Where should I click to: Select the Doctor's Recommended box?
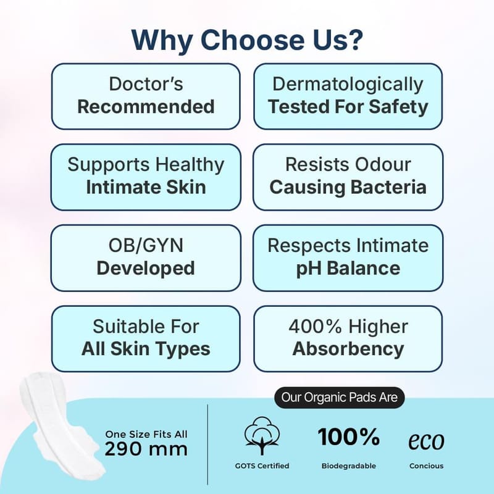[x=146, y=96]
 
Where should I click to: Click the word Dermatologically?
[x=348, y=85]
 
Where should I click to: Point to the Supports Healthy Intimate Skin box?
[x=146, y=177]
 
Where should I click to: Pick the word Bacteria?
[x=388, y=187]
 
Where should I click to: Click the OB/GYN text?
[x=146, y=245]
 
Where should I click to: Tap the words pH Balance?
[x=348, y=269]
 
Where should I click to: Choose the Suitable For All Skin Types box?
[x=146, y=339]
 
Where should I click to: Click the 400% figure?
[x=315, y=327]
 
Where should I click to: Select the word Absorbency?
[x=348, y=349]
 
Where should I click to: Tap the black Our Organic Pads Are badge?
[x=339, y=398]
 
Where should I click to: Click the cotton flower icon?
[x=262, y=435]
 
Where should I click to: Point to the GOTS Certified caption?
[x=262, y=466]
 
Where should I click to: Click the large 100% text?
[x=349, y=437]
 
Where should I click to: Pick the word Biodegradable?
[x=349, y=466]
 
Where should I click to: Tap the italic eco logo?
[x=426, y=441]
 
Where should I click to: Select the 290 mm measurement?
[x=146, y=450]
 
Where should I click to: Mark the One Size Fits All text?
[x=146, y=434]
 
